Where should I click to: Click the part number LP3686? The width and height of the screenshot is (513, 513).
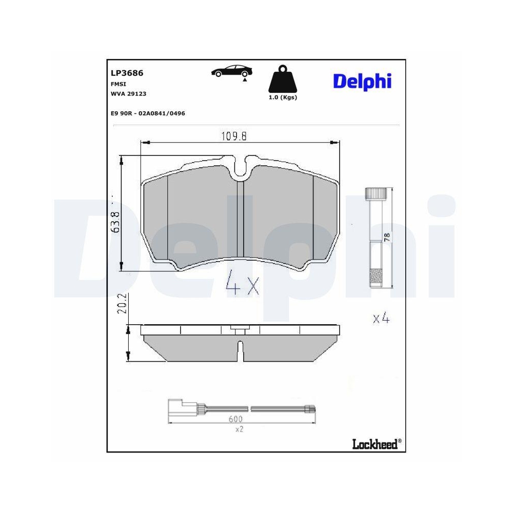click(x=127, y=73)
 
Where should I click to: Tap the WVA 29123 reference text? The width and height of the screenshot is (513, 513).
click(x=128, y=93)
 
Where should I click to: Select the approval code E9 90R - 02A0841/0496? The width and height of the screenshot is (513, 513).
click(x=148, y=113)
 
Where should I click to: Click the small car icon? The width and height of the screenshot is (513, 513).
click(x=231, y=72)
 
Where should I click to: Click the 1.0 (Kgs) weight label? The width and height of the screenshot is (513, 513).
click(x=283, y=97)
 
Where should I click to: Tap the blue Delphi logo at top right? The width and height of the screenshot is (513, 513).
click(x=362, y=81)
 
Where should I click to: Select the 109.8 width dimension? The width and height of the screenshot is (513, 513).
click(x=234, y=136)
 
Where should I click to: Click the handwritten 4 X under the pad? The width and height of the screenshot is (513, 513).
click(x=242, y=283)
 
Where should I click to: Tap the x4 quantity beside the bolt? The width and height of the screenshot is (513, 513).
click(x=381, y=319)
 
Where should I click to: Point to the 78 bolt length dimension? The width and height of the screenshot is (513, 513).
click(x=387, y=237)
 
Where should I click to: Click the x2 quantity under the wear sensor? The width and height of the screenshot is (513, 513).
click(x=239, y=429)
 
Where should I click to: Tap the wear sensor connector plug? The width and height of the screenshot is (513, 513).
click(x=177, y=408)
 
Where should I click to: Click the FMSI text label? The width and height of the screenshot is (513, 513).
click(x=119, y=84)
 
